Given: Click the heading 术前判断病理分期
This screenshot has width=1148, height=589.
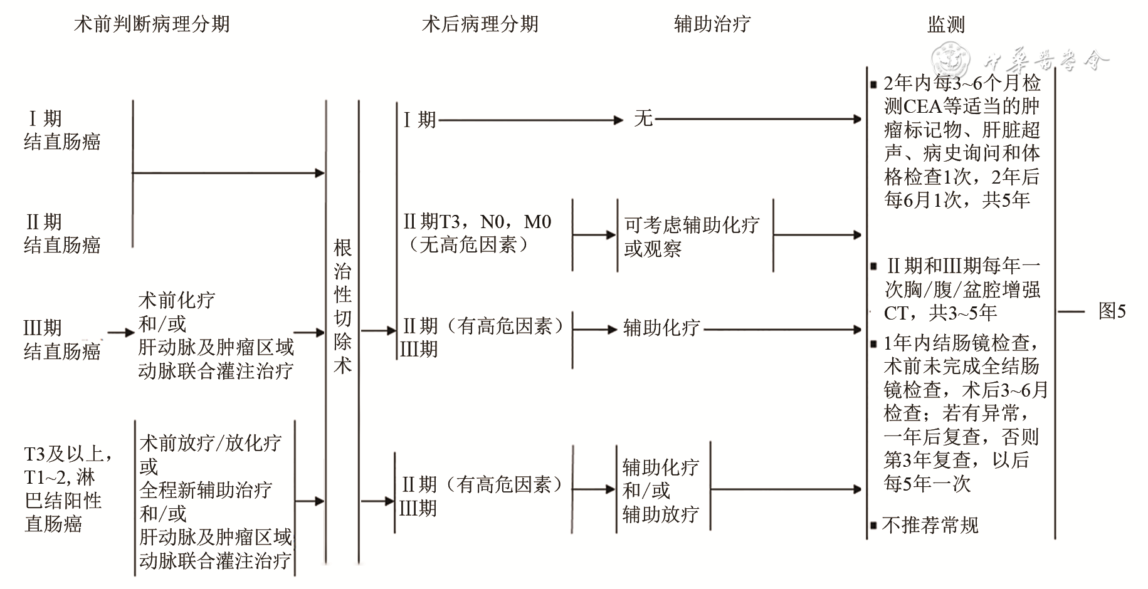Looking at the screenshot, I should [x=152, y=24].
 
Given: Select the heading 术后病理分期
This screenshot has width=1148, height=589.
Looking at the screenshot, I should [x=480, y=24].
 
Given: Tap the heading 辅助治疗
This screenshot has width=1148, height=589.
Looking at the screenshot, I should [x=712, y=24].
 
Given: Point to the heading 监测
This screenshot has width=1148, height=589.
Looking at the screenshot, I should [x=945, y=24].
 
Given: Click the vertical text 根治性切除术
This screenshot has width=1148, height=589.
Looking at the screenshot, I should [x=342, y=306].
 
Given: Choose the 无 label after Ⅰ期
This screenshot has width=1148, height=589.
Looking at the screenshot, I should [x=643, y=118].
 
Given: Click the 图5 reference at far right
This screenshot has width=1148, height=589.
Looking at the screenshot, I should [x=1112, y=311].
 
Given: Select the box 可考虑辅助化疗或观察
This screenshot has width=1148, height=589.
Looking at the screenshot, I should [x=692, y=236].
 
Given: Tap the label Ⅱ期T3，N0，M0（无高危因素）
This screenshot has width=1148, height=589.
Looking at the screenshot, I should [x=477, y=232].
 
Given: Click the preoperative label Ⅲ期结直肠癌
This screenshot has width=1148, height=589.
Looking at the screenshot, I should [x=61, y=339].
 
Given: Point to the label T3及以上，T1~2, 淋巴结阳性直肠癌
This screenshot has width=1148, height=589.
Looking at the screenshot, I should [x=68, y=489].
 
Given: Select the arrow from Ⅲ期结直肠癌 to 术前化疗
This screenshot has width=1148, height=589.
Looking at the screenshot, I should [x=120, y=333].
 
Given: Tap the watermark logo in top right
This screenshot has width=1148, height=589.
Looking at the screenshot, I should [x=950, y=60].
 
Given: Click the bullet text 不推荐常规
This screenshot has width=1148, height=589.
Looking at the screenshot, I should [x=929, y=525].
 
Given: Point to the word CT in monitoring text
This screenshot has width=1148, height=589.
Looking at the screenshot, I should [x=895, y=313].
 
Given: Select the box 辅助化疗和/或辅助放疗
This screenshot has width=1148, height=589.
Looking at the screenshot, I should [x=661, y=490].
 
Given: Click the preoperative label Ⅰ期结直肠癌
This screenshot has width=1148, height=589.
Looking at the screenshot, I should [x=61, y=130].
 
